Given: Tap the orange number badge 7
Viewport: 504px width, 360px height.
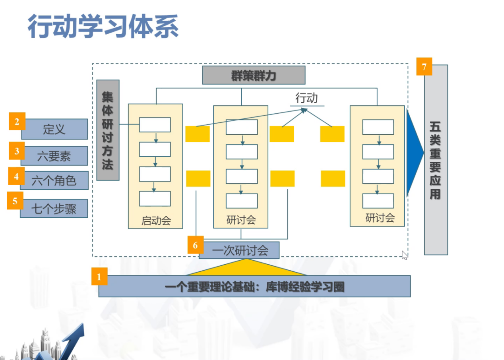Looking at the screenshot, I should (424, 67).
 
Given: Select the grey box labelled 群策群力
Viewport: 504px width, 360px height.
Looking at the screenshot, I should (254, 75).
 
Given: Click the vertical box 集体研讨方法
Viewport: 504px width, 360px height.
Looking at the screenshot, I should (108, 130).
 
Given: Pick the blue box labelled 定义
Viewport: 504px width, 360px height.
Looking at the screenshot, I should (54, 129).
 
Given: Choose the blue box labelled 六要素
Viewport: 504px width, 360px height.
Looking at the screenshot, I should (54, 156).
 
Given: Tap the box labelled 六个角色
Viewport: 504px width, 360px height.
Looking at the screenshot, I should (54, 181).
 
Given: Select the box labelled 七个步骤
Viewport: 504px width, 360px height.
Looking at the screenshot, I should (54, 208).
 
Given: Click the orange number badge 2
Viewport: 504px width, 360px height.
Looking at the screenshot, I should (17, 122).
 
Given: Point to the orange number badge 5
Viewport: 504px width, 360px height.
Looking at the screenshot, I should (15, 201).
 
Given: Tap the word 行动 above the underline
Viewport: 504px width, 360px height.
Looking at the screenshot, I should (306, 98).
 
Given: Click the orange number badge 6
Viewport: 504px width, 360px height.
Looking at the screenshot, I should (195, 245).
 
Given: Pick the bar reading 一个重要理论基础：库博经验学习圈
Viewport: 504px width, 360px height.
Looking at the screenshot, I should (254, 286).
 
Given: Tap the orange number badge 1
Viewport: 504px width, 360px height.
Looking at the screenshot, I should (99, 277).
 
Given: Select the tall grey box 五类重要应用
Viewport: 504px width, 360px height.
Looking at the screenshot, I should (436, 160).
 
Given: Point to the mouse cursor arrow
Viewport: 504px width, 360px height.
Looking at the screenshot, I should (404, 255).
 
